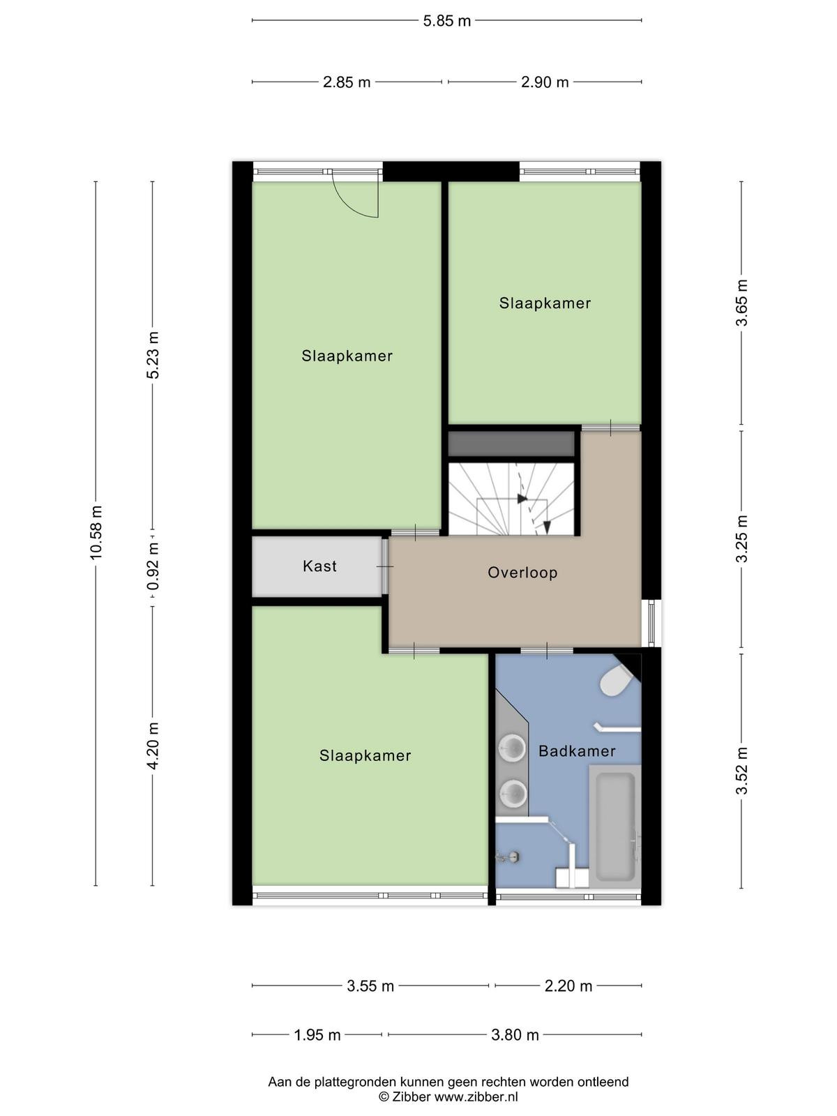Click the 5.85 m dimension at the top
pyautogui.click(x=446, y=21)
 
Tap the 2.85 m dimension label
pyautogui.click(x=347, y=82)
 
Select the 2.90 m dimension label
pyautogui.click(x=544, y=82)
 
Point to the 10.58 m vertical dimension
pyautogui.click(x=96, y=532)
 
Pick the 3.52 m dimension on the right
pyautogui.click(x=742, y=770)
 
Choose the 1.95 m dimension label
pyautogui.click(x=317, y=1034)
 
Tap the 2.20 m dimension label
pyautogui.click(x=568, y=986)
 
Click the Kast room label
pyautogui.click(x=319, y=566)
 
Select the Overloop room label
pyautogui.click(x=522, y=573)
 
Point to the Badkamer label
pyautogui.click(x=577, y=751)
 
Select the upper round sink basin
pyautogui.click(x=512, y=748)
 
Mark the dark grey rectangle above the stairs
pyautogui.click(x=511, y=444)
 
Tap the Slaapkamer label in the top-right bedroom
pyautogui.click(x=545, y=303)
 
